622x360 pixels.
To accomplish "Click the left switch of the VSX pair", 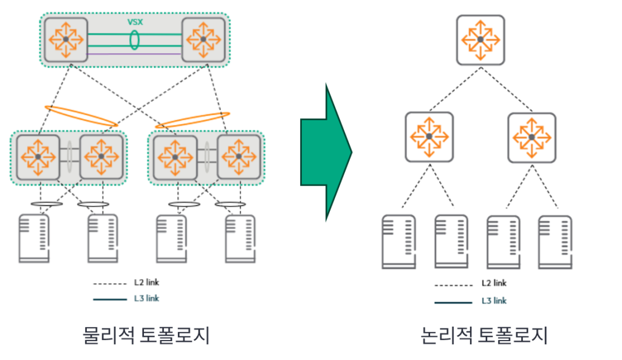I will click(x=66, y=39).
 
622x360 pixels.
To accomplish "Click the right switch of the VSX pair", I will click(x=204, y=39).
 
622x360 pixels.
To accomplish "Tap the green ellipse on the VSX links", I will click(x=134, y=40).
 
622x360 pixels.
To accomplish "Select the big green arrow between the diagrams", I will click(x=326, y=152).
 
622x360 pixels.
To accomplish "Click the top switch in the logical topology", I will click(x=480, y=40).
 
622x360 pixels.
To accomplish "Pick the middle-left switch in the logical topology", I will click(x=429, y=137).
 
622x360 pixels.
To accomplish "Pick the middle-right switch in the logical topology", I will click(x=531, y=137).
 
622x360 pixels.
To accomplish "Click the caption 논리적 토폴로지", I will click(x=484, y=336).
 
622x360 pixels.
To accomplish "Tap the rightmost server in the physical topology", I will click(x=240, y=238).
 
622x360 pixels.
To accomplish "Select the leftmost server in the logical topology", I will click(x=398, y=241).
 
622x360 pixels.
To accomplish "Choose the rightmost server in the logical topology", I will click(x=555, y=241).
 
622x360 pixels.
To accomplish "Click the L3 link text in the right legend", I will click(x=494, y=301).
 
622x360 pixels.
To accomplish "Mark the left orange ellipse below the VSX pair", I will click(x=81, y=115).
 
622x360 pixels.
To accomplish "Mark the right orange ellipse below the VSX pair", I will click(x=193, y=120).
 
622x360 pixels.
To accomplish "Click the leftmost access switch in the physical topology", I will click(x=38, y=157).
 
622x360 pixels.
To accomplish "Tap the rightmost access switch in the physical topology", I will click(x=239, y=157).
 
